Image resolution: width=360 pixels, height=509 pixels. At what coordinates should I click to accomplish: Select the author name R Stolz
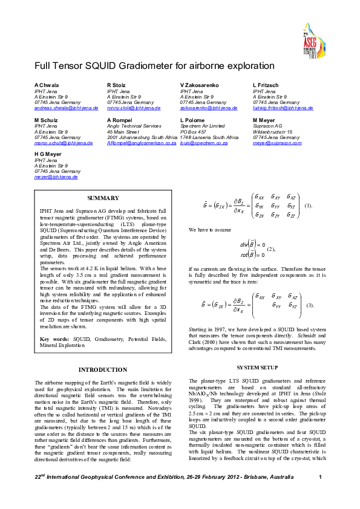116,85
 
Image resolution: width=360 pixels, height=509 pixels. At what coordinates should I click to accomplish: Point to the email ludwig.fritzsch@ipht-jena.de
283,108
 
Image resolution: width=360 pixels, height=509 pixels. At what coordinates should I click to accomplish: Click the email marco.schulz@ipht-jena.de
59,143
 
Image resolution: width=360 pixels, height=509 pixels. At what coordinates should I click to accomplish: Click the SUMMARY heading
99,198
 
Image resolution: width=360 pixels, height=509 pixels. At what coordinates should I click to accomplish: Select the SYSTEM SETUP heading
257,368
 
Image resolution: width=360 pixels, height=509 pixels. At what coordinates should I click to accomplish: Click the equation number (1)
309,206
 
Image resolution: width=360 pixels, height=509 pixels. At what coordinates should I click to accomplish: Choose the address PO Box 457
194,132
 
